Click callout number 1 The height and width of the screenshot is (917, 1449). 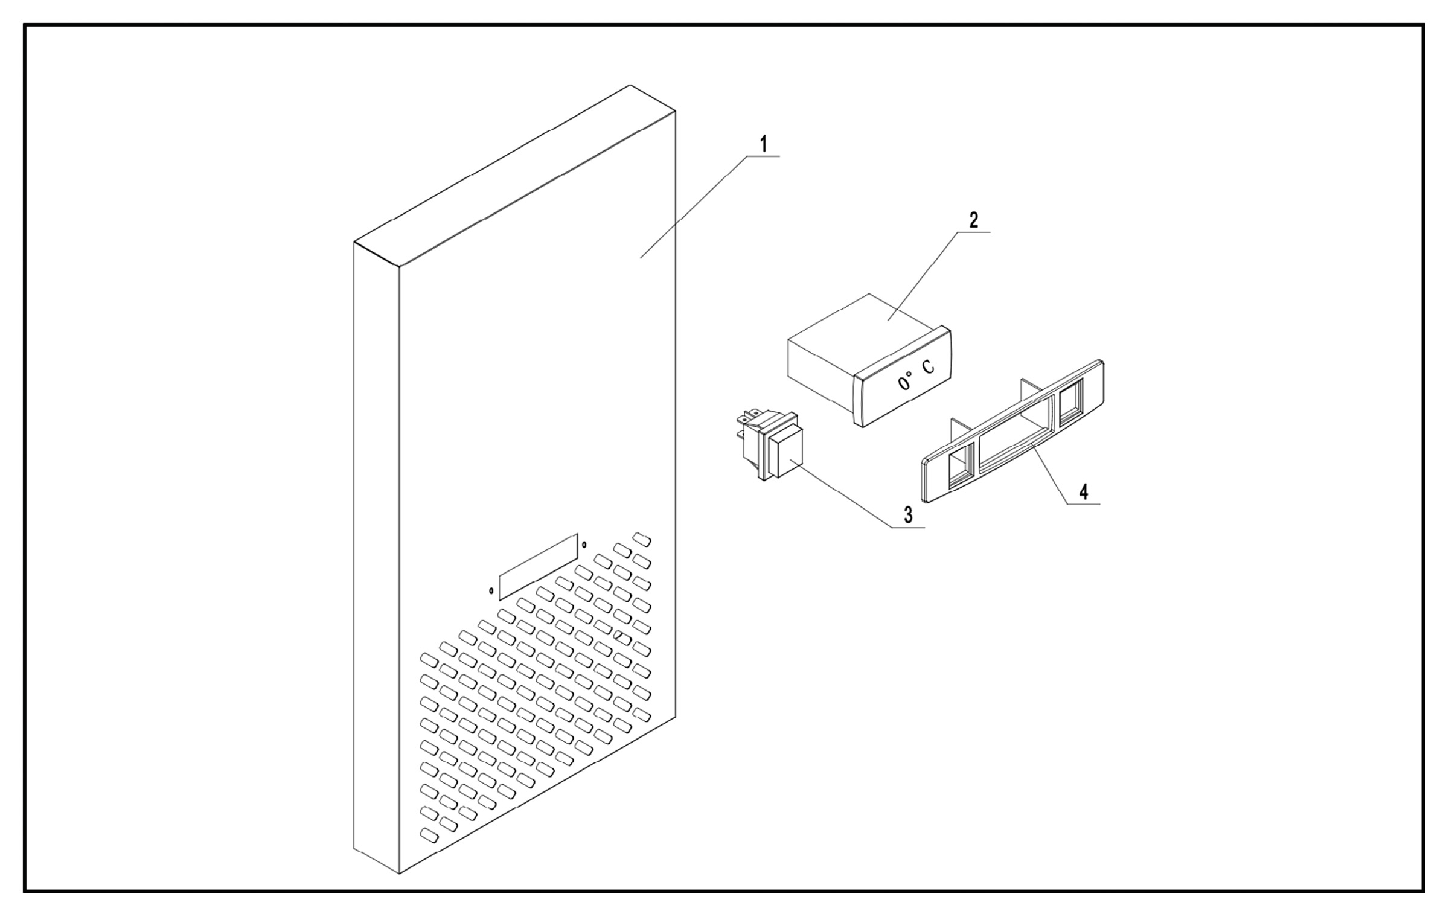pyautogui.click(x=763, y=145)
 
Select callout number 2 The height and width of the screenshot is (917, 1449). pyautogui.click(x=973, y=220)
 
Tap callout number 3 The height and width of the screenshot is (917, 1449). pyautogui.click(x=908, y=515)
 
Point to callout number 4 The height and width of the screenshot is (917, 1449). pyautogui.click(x=1084, y=492)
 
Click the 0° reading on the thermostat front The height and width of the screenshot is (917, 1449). pyautogui.click(x=905, y=382)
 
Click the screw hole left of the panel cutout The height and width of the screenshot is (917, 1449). pyautogui.click(x=491, y=590)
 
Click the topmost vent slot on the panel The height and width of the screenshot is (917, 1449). pyautogui.click(x=642, y=539)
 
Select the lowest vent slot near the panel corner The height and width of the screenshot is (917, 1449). pyautogui.click(x=429, y=836)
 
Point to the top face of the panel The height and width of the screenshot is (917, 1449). pyautogui.click(x=513, y=175)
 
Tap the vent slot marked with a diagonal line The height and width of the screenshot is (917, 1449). pyautogui.click(x=622, y=637)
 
